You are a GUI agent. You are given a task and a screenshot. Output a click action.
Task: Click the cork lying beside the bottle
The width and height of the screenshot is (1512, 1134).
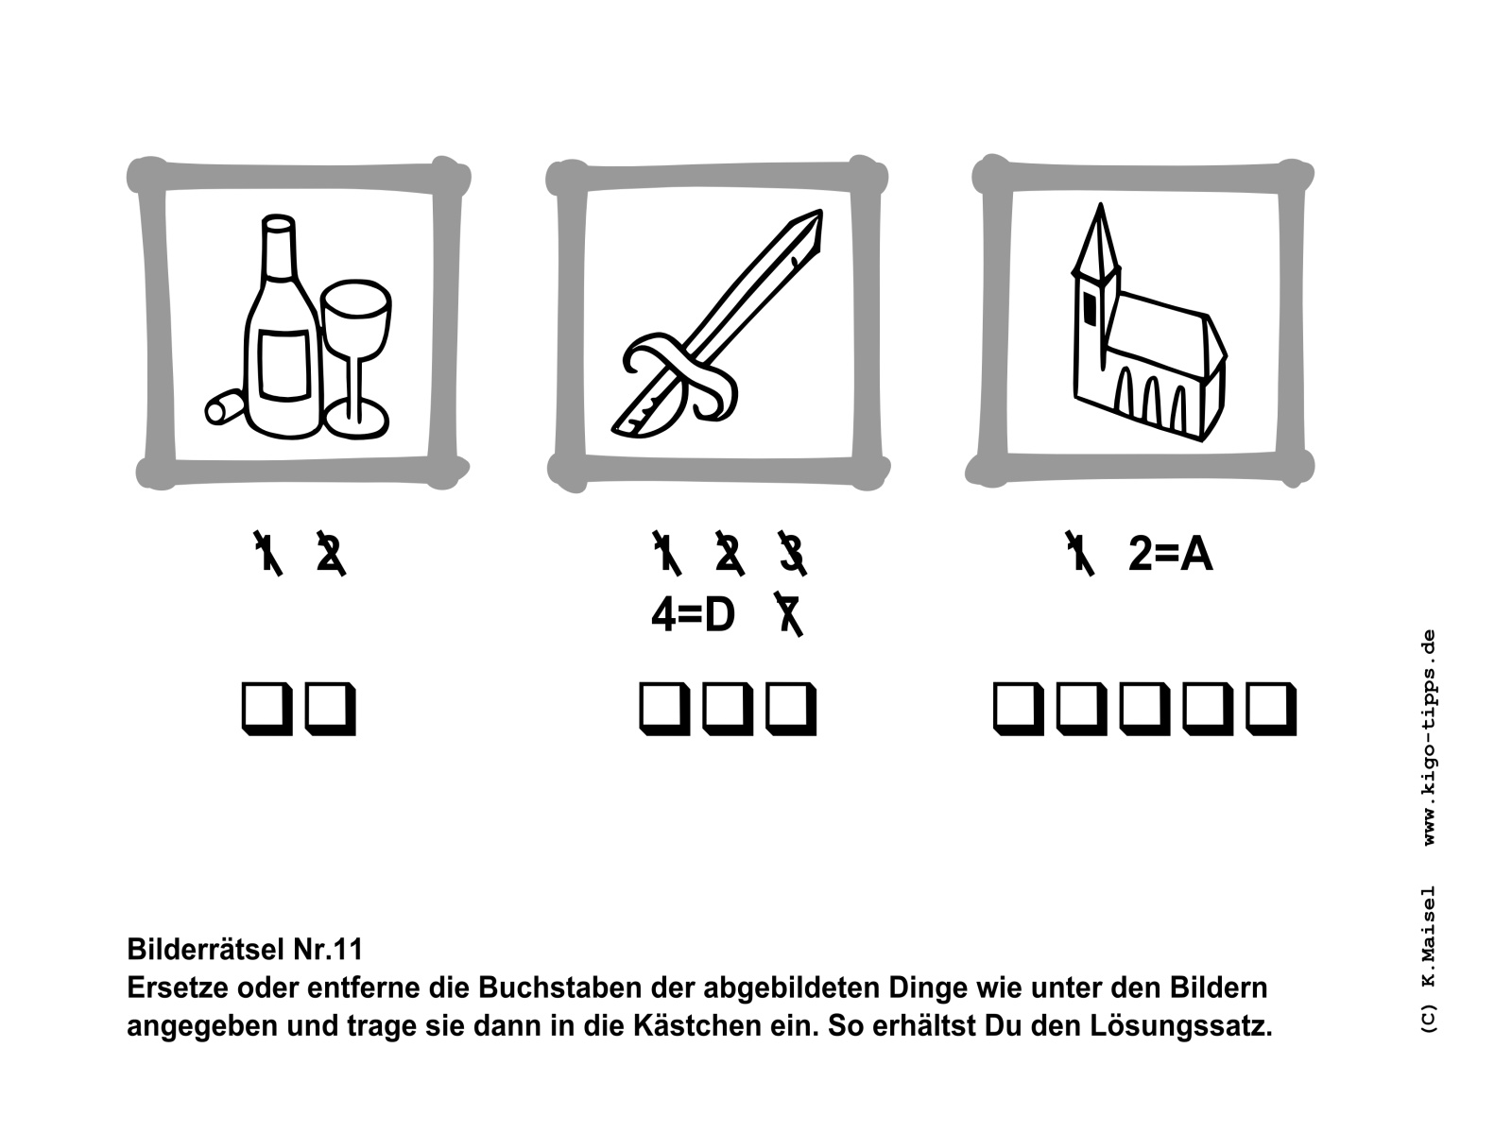[225, 406]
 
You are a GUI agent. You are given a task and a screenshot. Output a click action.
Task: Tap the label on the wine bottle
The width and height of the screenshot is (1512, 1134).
[283, 365]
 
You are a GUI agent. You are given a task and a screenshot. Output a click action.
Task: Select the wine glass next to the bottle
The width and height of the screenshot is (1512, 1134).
[356, 359]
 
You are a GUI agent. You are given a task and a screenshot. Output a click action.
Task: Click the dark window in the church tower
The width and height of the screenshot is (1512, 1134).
[1090, 308]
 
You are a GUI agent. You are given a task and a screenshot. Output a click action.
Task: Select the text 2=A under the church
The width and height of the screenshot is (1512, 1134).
[1170, 554]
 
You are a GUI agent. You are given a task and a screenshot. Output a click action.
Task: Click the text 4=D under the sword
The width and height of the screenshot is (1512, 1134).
[693, 615]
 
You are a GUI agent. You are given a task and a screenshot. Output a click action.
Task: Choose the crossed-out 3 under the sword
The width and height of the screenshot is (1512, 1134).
[793, 553]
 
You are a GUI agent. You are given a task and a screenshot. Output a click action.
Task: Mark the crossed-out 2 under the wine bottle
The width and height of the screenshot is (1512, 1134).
[331, 553]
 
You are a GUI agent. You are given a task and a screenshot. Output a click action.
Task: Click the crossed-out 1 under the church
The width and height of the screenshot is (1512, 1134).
[1079, 553]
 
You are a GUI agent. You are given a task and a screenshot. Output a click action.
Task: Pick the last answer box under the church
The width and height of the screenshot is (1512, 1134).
[1271, 709]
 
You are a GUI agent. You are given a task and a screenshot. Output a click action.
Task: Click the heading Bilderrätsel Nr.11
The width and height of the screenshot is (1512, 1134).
[245, 950]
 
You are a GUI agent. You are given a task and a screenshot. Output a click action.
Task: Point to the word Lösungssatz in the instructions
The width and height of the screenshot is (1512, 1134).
[1180, 1026]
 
